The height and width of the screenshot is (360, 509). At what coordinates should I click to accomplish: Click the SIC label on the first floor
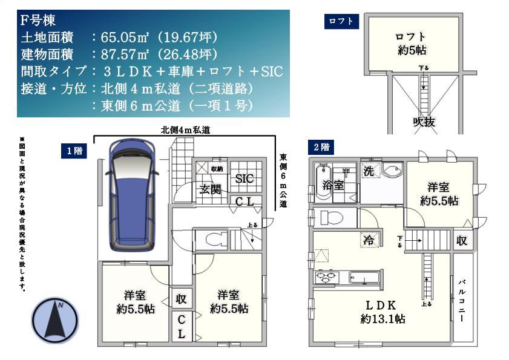[245, 178]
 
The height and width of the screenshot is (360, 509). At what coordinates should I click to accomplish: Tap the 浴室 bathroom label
[333, 185]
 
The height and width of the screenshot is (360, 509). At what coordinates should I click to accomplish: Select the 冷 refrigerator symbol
[368, 240]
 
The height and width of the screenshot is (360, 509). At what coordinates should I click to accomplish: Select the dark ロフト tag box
[341, 22]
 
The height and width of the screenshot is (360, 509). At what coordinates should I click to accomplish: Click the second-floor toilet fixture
[330, 217]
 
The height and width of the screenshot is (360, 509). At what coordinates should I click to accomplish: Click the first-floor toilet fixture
[216, 240]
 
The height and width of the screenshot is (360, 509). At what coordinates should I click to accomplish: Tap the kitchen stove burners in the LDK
[327, 278]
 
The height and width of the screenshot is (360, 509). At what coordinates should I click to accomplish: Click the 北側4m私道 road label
[185, 129]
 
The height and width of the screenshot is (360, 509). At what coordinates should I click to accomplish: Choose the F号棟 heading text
[38, 21]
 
